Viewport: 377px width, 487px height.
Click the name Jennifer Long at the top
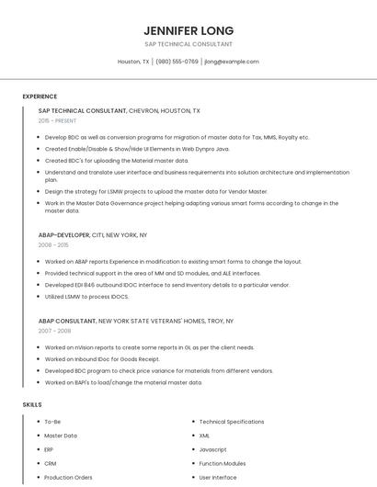(188, 30)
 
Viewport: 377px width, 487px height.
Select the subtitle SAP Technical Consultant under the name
(188, 44)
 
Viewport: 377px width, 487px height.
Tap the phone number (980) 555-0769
(177, 62)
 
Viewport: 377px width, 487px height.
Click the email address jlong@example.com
(232, 62)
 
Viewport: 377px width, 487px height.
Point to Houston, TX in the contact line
(133, 62)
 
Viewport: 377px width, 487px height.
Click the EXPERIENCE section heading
(40, 96)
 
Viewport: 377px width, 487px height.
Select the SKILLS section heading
(32, 404)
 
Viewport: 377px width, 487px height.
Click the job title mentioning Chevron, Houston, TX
(120, 110)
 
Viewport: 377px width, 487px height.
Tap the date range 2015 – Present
(57, 120)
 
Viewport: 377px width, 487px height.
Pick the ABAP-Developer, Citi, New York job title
(93, 235)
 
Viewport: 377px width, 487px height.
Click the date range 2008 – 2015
(53, 245)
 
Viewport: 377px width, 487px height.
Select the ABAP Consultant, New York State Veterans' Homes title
(136, 322)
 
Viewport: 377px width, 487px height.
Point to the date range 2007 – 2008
(53, 331)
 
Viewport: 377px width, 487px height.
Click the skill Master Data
(61, 436)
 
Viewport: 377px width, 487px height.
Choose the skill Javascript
(212, 449)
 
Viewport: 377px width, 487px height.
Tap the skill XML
(204, 436)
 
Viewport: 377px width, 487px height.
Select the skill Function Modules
(223, 463)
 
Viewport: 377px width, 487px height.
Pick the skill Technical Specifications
(231, 422)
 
